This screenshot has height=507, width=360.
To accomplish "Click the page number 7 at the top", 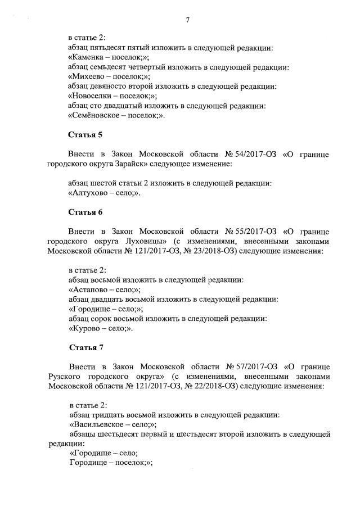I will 187,20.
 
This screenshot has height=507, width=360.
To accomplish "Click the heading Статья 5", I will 85,135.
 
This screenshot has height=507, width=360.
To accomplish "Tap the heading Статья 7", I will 85,346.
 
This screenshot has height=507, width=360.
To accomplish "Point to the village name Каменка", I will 88,57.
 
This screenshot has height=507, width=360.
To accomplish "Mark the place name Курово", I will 86,328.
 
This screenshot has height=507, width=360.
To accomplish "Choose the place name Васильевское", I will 97,424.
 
